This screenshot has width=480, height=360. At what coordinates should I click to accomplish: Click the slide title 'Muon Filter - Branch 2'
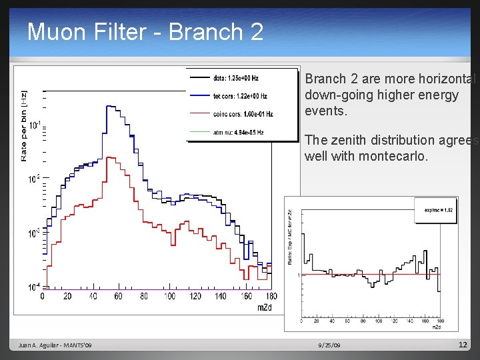point(145,31)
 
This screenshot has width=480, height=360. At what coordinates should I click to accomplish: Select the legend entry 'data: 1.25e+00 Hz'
point(240,78)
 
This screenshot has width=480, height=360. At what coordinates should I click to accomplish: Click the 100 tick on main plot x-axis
point(169,296)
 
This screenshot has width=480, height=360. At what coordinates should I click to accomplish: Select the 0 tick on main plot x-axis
point(43,296)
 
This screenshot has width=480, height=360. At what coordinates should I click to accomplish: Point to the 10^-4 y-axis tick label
point(32,287)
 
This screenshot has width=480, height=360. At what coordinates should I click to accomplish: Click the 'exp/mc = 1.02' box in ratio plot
point(437,209)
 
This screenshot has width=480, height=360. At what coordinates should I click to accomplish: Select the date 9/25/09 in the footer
point(329,345)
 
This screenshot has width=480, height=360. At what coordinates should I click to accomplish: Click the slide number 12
point(463,345)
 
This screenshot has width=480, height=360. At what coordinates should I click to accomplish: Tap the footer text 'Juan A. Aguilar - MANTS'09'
point(55,345)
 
